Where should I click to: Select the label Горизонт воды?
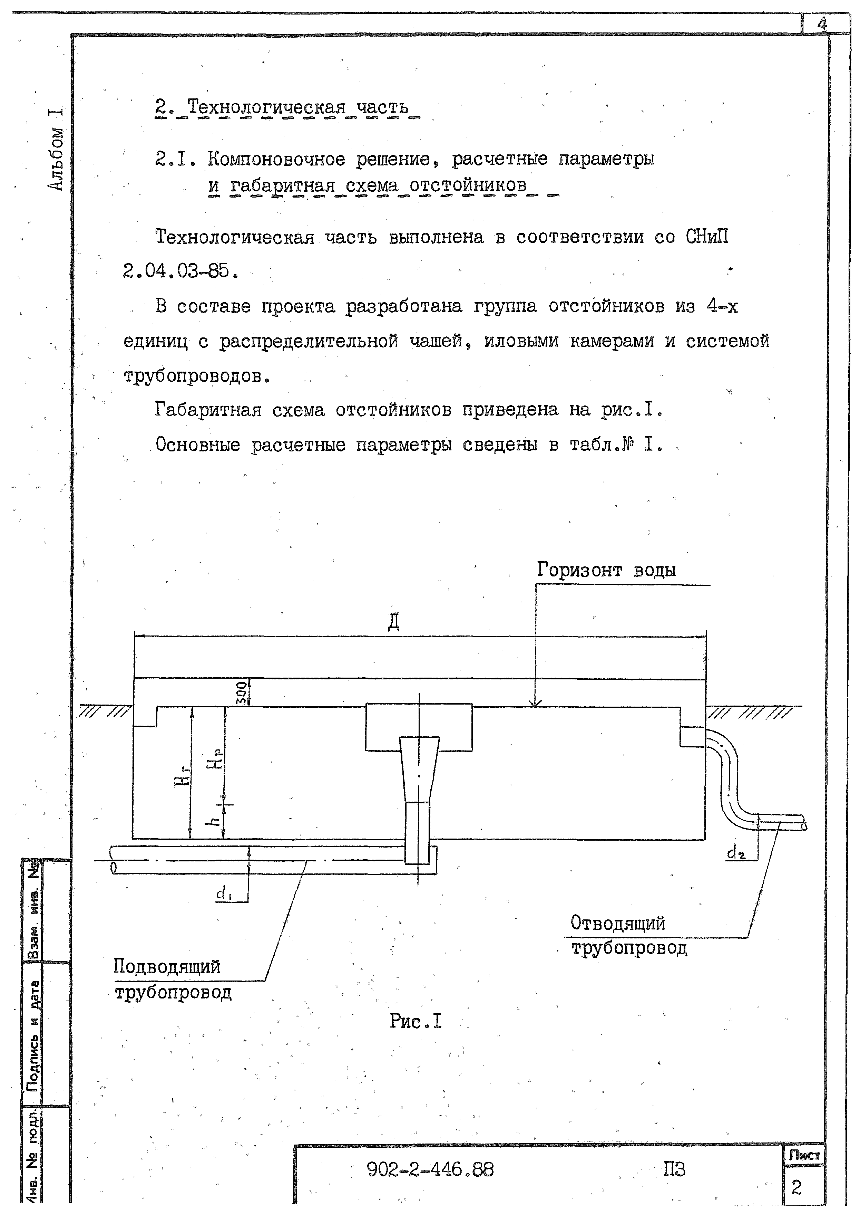(x=606, y=570)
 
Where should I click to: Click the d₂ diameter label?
(x=735, y=853)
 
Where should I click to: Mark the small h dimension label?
(x=214, y=821)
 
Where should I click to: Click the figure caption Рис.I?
(x=415, y=1021)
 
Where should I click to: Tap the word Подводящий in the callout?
(x=167, y=966)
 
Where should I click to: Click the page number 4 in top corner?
(x=822, y=24)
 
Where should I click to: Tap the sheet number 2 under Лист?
(x=797, y=1188)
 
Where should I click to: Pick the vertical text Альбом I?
(x=56, y=150)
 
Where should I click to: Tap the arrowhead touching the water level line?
(x=536, y=703)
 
